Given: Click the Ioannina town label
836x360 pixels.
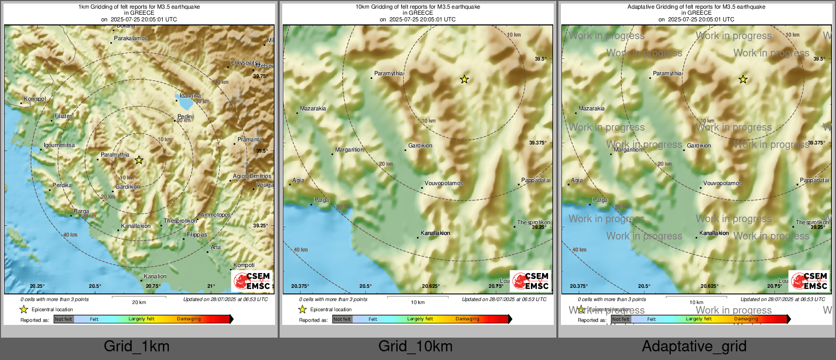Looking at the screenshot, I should click(190, 96).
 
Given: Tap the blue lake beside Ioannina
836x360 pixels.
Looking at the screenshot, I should click(185, 103).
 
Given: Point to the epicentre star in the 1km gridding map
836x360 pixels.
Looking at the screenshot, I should click(139, 160).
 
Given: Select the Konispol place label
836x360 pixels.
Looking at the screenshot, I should click(35, 99).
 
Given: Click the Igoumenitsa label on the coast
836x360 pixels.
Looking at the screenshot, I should click(59, 145).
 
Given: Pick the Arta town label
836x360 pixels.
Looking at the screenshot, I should click(216, 247).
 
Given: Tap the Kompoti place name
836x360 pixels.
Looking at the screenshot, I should click(244, 265).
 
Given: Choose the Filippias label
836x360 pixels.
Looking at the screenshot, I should click(197, 234).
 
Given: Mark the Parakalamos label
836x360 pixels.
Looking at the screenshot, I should click(131, 38).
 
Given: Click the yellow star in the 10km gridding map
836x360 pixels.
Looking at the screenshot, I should click(464, 79).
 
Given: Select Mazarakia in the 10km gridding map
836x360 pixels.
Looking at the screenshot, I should click(313, 108).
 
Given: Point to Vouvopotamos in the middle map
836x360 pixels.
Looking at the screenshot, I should click(443, 183).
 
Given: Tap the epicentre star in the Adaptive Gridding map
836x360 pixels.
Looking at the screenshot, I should click(743, 79).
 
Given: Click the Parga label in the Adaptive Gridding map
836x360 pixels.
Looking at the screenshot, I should click(600, 200).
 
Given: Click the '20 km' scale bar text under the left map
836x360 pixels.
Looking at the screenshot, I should click(139, 302).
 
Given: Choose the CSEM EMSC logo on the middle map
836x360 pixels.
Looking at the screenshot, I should click(530, 281).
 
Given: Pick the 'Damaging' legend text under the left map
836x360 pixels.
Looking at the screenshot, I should click(189, 319).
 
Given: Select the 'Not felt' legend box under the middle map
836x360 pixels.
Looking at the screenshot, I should click(342, 319).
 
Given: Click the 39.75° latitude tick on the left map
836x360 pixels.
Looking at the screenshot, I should click(260, 76).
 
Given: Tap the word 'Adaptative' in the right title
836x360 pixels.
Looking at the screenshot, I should click(643, 7).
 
